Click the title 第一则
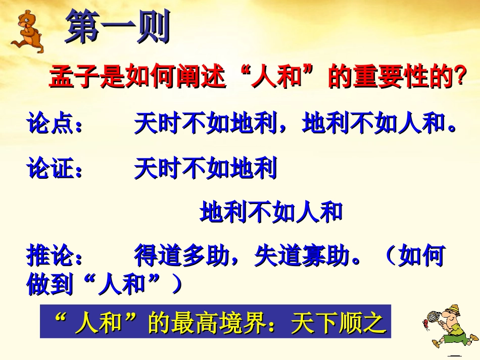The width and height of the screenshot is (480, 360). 117,27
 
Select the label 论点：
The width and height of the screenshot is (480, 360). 55,125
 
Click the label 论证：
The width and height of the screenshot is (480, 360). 55,169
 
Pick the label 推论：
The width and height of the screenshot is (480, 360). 55,256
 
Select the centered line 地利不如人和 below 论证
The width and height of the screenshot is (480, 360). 271,213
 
